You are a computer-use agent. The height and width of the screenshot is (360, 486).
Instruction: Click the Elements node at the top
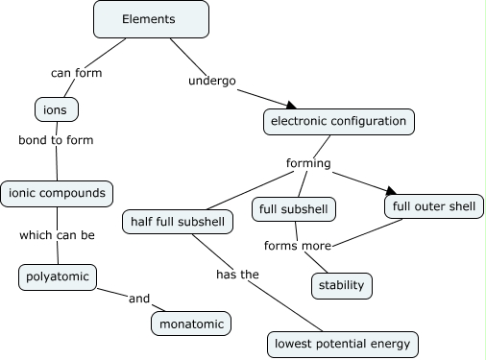point(149,19)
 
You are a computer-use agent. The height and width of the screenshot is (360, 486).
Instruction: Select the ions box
point(55,109)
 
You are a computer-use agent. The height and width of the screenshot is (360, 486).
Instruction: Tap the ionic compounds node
point(57,193)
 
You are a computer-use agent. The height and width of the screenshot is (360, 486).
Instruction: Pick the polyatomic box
point(58,277)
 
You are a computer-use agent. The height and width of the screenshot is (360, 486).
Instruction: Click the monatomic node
point(192,324)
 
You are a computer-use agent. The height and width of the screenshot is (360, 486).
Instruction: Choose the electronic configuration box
point(339,121)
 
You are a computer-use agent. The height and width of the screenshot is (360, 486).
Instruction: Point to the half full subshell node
point(179,222)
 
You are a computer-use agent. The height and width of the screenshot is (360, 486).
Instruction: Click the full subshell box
point(295,208)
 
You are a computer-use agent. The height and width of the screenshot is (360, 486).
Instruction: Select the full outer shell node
point(434,205)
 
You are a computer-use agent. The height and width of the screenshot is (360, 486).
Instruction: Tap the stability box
point(342,285)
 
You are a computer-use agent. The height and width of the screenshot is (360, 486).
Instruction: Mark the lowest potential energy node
point(343,343)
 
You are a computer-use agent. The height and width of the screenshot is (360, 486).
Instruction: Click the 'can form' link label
point(76,72)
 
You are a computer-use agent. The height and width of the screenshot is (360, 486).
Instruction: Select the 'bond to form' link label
point(56,139)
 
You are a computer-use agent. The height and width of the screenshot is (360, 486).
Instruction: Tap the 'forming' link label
point(308,163)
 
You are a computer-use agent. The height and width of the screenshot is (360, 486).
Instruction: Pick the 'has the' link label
point(236,275)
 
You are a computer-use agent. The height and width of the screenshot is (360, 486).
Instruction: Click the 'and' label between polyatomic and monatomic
point(139,299)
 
